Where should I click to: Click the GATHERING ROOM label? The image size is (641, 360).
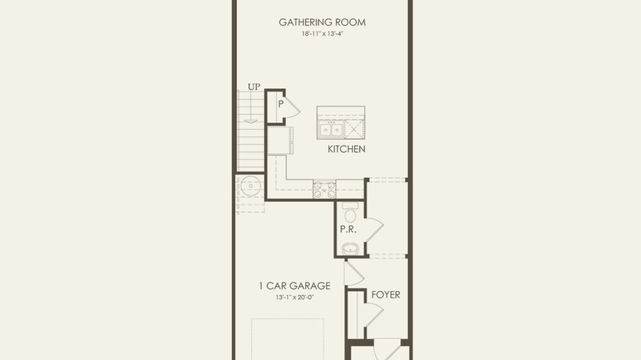pos(322,23)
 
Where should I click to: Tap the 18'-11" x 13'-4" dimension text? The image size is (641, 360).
pos(322,34)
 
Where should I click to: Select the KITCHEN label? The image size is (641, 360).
pos(346,149)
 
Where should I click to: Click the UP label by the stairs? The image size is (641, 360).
pos(254,87)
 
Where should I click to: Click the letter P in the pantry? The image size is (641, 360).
pos(281,104)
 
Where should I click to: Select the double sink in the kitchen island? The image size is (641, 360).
pos(331,129)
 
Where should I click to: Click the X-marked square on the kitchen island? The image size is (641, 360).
pos(354,129)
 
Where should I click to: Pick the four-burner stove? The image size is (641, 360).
pos(325,190)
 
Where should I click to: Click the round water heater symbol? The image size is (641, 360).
pos(251,187)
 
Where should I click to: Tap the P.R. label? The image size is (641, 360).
pos(348,229)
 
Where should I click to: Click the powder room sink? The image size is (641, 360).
pos(351,248)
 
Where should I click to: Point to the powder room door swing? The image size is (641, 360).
pos(374,231)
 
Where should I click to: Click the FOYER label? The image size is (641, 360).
pos(386,295)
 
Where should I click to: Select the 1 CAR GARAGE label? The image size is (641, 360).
pos(295,286)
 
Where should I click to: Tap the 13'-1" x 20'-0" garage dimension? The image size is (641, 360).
pos(295,298)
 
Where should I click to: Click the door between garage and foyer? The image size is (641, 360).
pos(354,273)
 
